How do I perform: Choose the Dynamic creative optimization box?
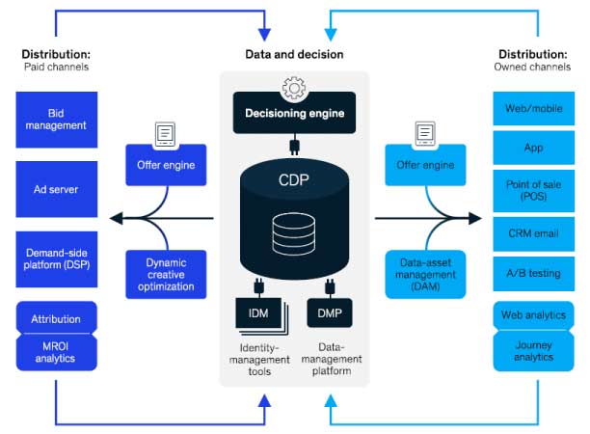166,274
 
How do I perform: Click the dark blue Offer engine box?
166,165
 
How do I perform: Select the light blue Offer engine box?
425,165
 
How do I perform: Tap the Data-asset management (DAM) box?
425,273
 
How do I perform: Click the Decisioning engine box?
294,113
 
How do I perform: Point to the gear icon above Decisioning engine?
293,88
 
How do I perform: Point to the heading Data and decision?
294,55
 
